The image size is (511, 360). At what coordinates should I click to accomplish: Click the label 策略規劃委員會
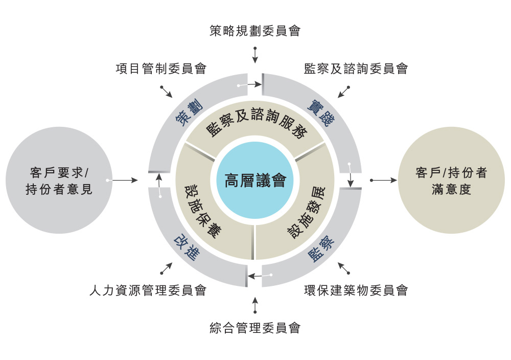pyautogui.click(x=255, y=31)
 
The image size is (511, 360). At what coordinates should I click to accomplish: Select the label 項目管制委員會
pyautogui.click(x=161, y=69)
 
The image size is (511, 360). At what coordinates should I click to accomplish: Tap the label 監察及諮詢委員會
pyautogui.click(x=356, y=69)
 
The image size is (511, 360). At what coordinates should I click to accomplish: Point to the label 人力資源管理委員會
pyautogui.click(x=148, y=290)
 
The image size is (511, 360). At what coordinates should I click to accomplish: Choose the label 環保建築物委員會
pyautogui.click(x=356, y=290)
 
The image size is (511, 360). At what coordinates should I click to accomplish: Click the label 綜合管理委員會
pyautogui.click(x=255, y=328)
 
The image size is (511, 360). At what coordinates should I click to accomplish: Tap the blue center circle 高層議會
pyautogui.click(x=255, y=180)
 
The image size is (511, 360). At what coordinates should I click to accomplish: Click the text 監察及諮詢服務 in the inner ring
pyautogui.click(x=256, y=124)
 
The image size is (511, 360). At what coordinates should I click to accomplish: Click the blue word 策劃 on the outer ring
pyautogui.click(x=189, y=113)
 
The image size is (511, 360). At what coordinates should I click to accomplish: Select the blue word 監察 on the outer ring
pyautogui.click(x=321, y=249)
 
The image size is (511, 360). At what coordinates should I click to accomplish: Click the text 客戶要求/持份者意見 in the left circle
pyautogui.click(x=59, y=181)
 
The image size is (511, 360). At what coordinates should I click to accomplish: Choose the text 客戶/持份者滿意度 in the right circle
pyautogui.click(x=451, y=181)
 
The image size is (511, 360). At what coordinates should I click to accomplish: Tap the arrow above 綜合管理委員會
pyautogui.click(x=255, y=305)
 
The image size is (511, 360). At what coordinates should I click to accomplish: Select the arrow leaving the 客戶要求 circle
pyautogui.click(x=123, y=180)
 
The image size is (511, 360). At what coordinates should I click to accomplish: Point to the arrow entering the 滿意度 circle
pyautogui.click(x=384, y=180)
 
